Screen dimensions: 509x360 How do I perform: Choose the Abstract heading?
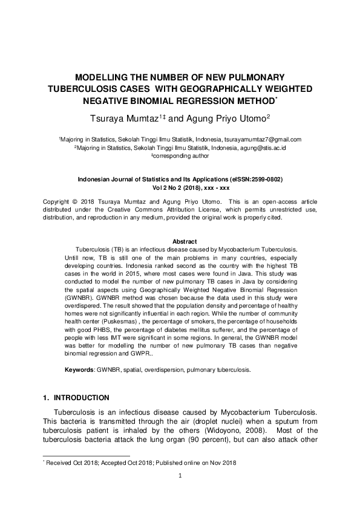pos(180,241)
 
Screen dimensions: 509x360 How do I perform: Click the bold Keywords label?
pos(80,369)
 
